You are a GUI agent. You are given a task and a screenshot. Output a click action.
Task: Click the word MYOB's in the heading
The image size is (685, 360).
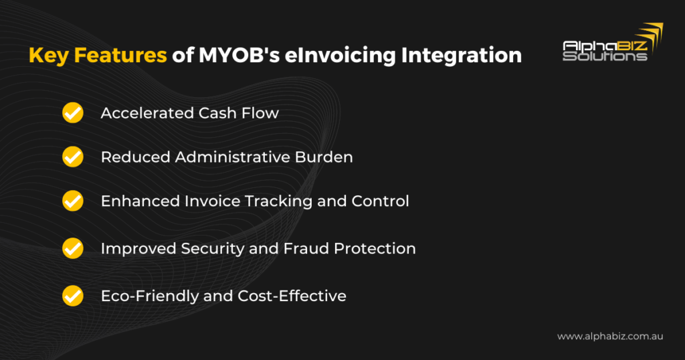pos(239,55)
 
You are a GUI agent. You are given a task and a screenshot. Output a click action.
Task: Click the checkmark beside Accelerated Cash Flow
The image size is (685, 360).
pos(72,112)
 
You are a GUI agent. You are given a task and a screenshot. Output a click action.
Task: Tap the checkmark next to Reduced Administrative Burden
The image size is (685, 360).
pos(72,157)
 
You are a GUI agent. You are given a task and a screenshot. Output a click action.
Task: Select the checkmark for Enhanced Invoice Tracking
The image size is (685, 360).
pos(72,201)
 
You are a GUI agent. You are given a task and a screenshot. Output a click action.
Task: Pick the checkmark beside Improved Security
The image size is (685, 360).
pos(72,248)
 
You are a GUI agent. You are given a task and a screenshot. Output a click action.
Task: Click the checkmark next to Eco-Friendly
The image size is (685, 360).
pos(72,296)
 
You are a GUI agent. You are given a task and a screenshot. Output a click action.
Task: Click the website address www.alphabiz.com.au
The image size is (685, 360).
pos(610,337)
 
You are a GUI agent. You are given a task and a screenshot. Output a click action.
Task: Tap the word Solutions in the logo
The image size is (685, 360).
pos(605,56)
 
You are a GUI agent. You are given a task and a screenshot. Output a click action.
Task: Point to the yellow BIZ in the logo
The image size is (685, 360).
pos(633,46)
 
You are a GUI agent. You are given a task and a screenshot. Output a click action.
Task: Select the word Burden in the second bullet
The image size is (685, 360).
pos(324,157)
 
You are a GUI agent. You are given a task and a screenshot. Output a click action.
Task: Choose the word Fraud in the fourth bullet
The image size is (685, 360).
pos(306,248)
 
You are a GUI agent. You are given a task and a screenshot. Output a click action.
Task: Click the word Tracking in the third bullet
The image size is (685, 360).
pos(278,201)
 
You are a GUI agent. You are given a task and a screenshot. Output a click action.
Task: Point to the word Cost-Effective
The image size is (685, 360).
pos(292,296)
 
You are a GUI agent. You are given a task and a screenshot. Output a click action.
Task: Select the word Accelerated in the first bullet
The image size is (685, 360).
pos(146,112)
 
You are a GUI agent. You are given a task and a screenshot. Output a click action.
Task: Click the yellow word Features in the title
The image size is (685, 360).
pos(120,55)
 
